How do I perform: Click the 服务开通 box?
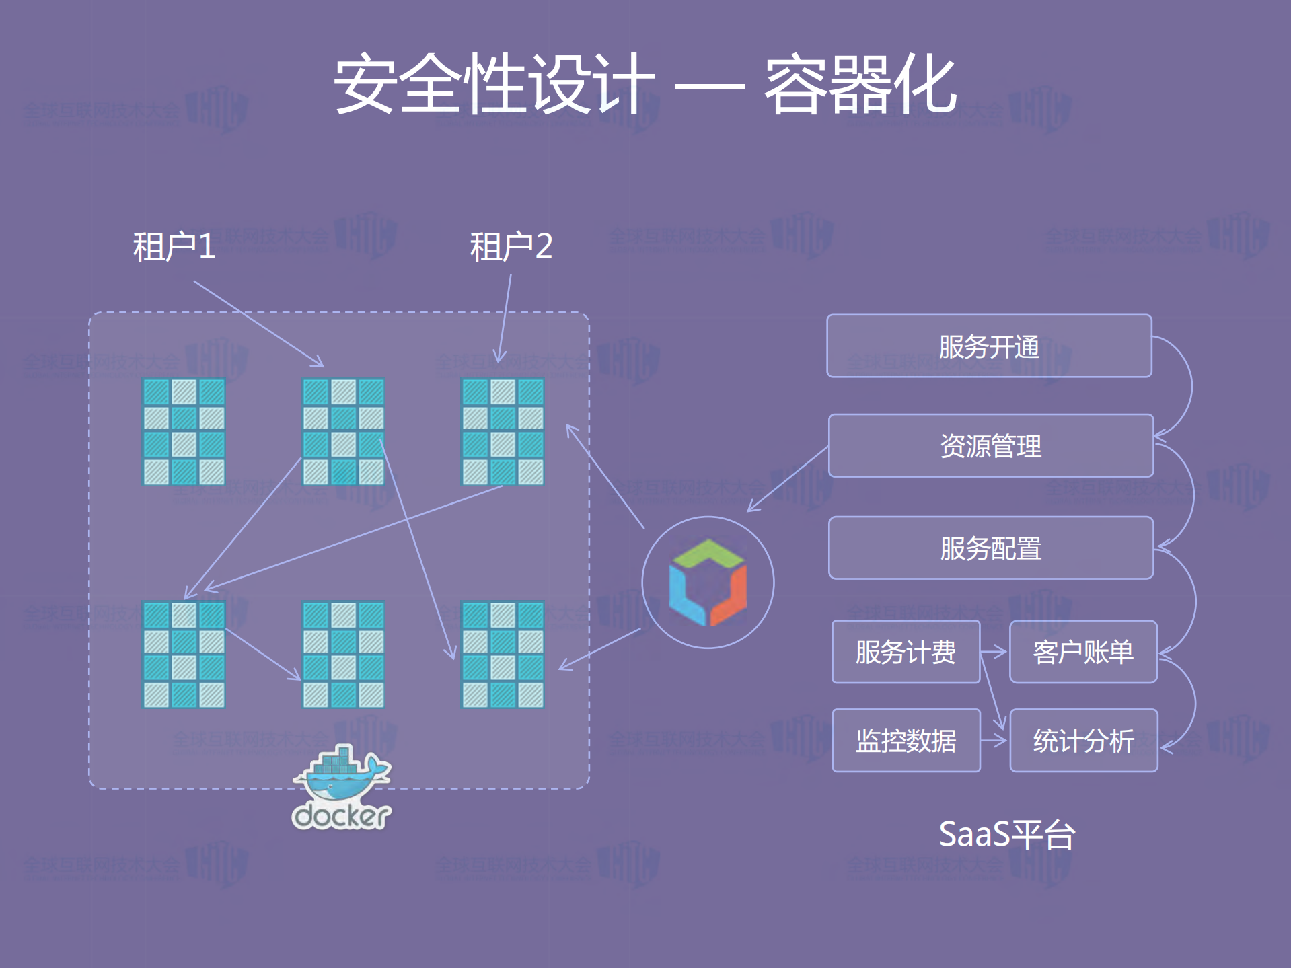point(989,346)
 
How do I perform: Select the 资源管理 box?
point(990,446)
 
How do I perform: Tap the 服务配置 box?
point(990,548)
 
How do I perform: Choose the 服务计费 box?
point(906,652)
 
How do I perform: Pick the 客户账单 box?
point(1083,652)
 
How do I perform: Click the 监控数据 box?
point(906,741)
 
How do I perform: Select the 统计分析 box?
point(1083,741)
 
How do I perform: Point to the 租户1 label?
point(174,246)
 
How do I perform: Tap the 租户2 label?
point(511,246)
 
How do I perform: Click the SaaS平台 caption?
point(1006,835)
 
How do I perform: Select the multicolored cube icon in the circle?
point(708,583)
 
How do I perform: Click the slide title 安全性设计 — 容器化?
point(644,85)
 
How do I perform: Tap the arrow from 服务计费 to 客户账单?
point(994,652)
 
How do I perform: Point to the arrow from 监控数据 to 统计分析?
point(994,741)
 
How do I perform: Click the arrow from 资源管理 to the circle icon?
point(787,479)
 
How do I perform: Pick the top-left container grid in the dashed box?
point(184,432)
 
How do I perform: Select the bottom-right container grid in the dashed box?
point(503,655)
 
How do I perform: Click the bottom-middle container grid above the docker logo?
point(343,655)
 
